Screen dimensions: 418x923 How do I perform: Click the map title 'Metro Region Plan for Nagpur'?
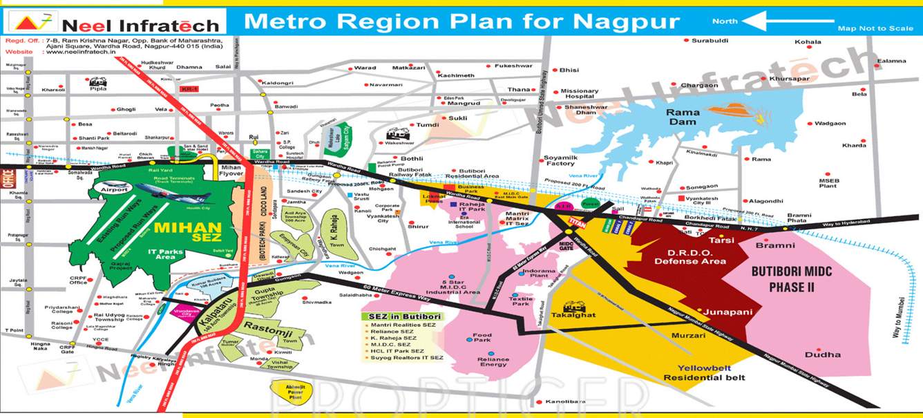pyautogui.click(x=461, y=21)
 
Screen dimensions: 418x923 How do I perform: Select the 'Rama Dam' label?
pyautogui.click(x=683, y=117)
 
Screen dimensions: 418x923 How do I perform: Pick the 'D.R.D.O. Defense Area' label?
pyautogui.click(x=690, y=257)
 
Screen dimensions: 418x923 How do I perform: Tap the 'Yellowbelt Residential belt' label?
pyautogui.click(x=704, y=372)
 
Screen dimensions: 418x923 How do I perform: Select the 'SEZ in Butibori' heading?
pyautogui.click(x=401, y=316)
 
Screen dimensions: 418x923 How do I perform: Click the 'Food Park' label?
pyautogui.click(x=482, y=338)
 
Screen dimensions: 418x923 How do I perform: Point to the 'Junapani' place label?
pyautogui.click(x=727, y=312)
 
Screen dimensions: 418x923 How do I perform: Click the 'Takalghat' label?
pyautogui.click(x=573, y=315)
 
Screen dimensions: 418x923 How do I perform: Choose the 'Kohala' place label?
pyautogui.click(x=808, y=42)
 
